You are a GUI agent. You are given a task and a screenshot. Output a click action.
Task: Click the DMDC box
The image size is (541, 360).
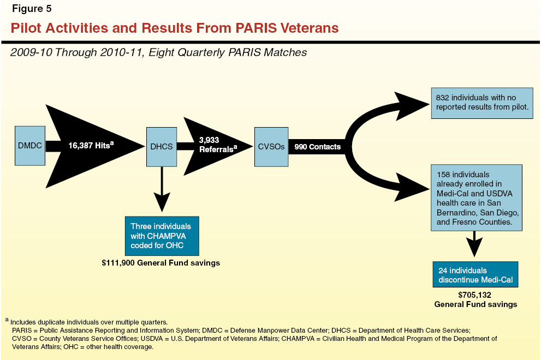[x=29, y=146]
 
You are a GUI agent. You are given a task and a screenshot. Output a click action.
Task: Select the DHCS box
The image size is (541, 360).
[x=162, y=146]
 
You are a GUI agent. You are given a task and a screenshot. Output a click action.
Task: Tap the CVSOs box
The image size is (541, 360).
[x=271, y=146]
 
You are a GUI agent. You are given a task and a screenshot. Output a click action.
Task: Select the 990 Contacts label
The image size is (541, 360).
[x=317, y=147]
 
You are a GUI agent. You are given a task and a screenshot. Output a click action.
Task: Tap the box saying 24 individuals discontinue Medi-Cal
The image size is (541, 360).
[x=474, y=275]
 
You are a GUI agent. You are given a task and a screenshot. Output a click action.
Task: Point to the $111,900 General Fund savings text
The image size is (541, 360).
[x=160, y=263]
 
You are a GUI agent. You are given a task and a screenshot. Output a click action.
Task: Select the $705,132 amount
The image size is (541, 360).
[x=475, y=295]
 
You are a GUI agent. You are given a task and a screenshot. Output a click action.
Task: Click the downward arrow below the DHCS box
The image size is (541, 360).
[x=162, y=191]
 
